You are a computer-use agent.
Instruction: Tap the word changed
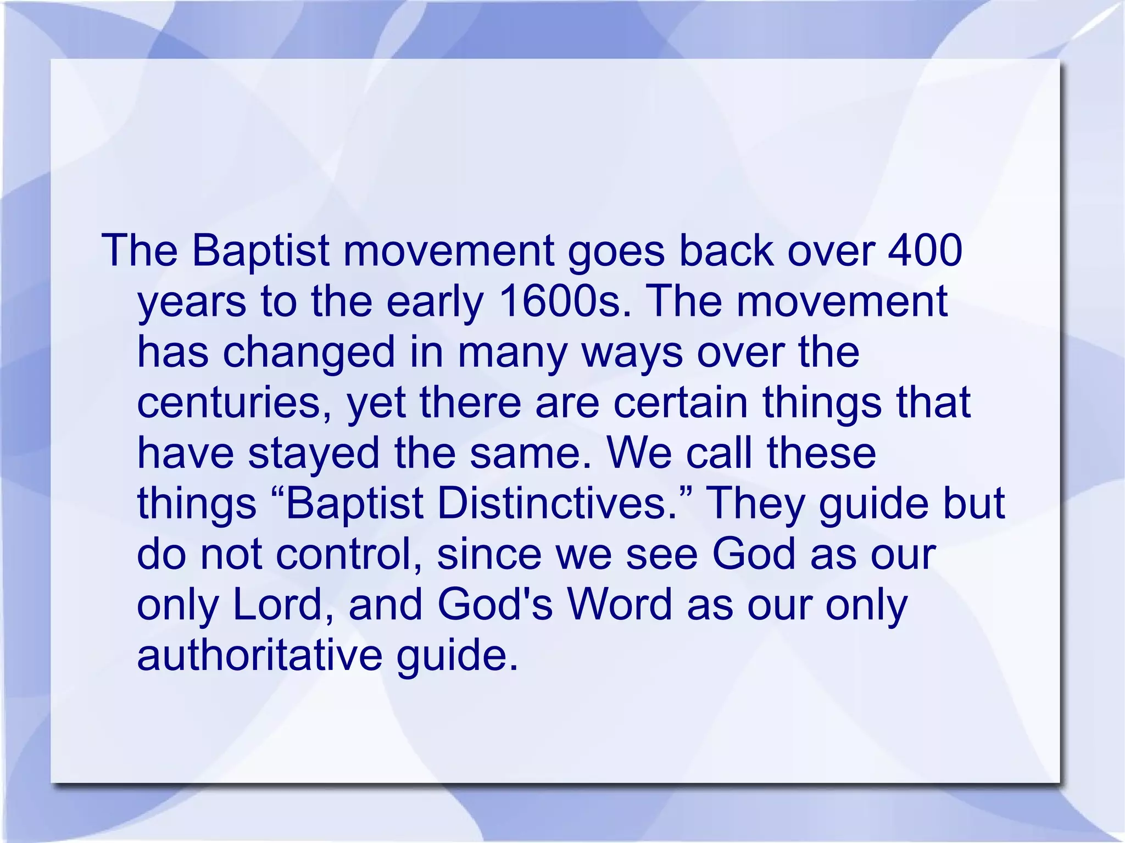pyautogui.click(x=309, y=352)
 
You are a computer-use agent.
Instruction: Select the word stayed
pyautogui.click(x=314, y=454)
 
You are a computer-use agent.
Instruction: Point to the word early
pyautogui.click(x=434, y=303)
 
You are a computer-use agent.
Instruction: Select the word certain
pyautogui.click(x=680, y=403)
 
